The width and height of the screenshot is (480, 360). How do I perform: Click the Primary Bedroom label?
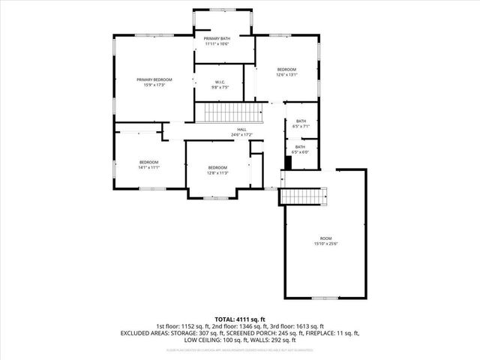click(154, 79)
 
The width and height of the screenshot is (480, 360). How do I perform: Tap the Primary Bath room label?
click(217, 37)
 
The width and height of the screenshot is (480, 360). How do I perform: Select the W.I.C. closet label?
click(220, 82)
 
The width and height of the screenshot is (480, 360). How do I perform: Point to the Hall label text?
click(241, 130)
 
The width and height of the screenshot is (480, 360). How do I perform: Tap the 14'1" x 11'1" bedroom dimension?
click(148, 167)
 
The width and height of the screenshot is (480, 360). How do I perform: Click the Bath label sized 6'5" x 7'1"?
click(301, 121)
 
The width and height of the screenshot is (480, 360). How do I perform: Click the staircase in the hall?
click(229, 113)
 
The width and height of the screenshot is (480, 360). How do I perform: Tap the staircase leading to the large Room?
click(305, 196)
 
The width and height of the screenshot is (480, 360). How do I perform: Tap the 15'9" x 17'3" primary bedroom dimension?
click(154, 85)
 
